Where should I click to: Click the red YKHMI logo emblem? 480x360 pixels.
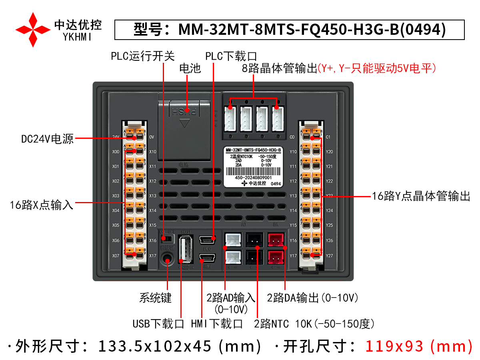33,29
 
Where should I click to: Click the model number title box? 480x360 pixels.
289,30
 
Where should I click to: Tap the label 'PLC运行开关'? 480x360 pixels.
143,56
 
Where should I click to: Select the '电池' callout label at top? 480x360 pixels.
190,68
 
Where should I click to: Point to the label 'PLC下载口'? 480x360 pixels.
231,56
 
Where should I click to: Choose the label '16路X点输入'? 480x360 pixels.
42,205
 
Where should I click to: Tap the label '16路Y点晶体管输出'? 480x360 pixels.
421,196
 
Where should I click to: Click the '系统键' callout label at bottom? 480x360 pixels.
155,298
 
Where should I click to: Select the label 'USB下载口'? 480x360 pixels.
158,323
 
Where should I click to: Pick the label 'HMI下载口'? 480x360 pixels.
217,323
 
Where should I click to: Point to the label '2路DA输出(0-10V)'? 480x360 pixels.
312,298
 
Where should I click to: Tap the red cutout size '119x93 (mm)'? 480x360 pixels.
418,346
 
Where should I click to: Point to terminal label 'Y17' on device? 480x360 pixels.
293,255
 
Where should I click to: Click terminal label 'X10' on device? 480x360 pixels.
152,152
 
